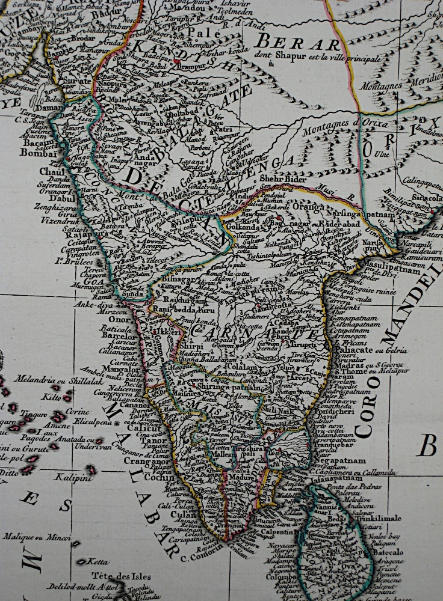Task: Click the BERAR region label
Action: click(297, 43)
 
